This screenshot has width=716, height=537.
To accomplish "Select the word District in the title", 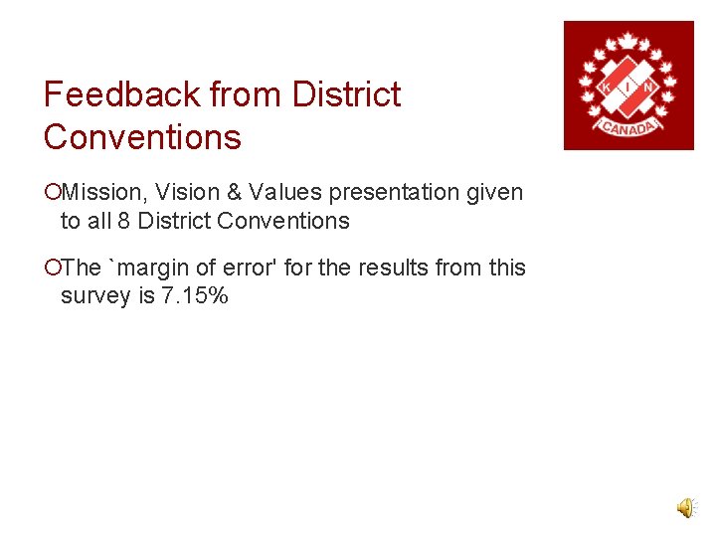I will [x=346, y=94].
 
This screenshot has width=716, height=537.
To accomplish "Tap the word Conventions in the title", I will [x=142, y=137].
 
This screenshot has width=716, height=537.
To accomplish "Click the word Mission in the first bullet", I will [x=97, y=192].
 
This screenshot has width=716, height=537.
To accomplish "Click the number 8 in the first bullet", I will [x=123, y=221].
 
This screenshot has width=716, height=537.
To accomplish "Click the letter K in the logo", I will [x=606, y=88].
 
